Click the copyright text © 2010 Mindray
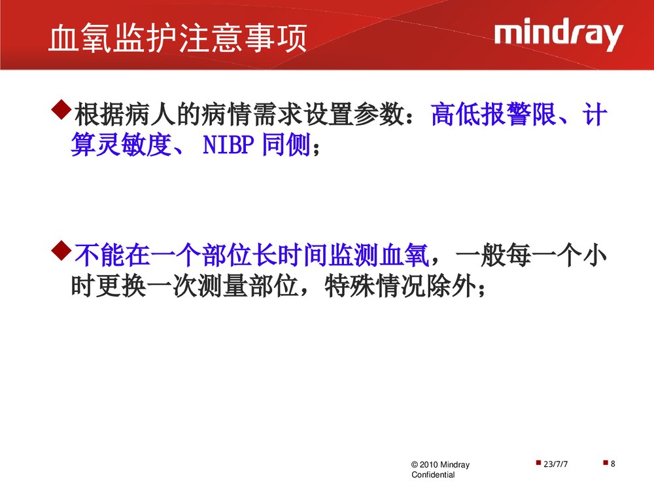440,465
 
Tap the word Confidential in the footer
433,475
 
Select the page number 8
613,464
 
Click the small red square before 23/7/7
538,463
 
